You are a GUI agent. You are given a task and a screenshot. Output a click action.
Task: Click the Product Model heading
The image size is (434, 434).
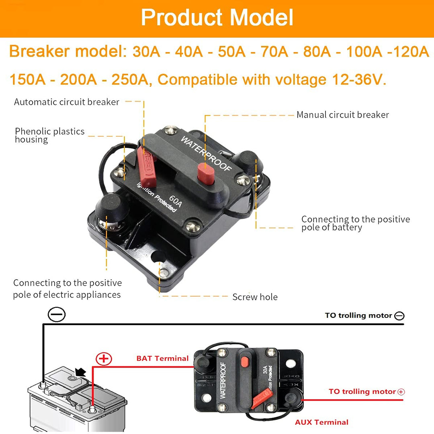click(217, 18)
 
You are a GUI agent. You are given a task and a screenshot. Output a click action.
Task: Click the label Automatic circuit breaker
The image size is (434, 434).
click(67, 102)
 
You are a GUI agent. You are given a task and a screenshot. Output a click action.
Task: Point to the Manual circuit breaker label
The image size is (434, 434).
click(343, 115)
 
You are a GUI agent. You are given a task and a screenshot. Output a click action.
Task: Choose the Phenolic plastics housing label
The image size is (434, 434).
click(49, 135)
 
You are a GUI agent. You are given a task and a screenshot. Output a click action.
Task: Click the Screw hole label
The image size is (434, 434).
click(255, 297)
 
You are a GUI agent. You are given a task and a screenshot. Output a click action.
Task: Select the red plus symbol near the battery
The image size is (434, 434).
click(104, 358)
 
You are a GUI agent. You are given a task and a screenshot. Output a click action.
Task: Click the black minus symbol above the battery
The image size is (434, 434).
click(56, 314)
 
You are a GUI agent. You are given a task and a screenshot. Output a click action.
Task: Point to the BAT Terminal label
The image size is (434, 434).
click(162, 358)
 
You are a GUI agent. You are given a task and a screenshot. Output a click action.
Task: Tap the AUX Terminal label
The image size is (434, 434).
click(321, 422)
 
